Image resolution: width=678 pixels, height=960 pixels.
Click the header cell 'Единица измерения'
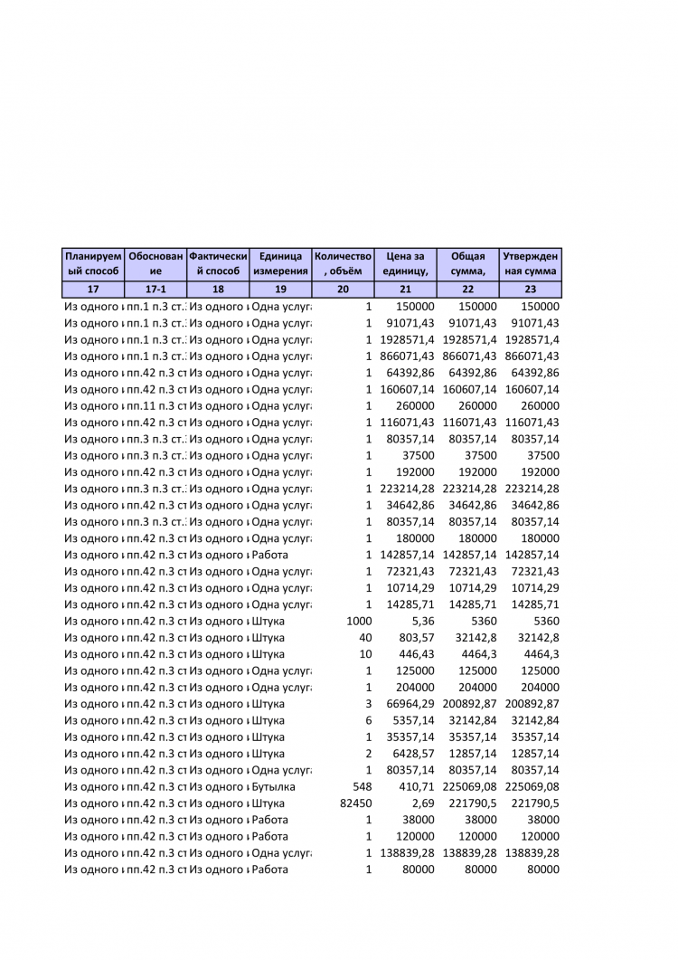(280, 263)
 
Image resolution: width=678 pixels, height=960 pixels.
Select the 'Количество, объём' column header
(343, 263)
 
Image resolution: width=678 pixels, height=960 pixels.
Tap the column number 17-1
(155, 290)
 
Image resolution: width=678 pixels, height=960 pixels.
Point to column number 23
(530, 290)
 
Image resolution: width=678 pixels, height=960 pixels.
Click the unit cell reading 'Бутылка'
(274, 787)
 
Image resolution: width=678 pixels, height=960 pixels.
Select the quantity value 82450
(353, 803)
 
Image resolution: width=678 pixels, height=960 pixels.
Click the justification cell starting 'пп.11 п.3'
(155, 406)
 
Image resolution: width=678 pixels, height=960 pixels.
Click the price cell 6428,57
(413, 754)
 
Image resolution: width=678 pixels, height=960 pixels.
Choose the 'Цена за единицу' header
(405, 263)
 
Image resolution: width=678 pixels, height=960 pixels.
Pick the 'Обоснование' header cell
(155, 263)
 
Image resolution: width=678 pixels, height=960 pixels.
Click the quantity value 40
(365, 638)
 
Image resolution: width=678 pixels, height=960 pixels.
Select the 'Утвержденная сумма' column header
(530, 263)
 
